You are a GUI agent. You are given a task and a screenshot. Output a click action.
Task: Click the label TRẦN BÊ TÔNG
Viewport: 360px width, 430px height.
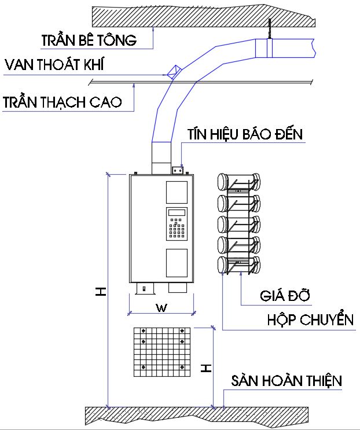(89, 41)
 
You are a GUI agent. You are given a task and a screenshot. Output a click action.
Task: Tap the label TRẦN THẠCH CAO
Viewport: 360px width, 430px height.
(62, 103)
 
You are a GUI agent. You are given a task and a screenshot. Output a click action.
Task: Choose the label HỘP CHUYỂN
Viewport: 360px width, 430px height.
(310, 319)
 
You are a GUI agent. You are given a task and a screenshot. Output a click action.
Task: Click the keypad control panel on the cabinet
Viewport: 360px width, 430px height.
(177, 223)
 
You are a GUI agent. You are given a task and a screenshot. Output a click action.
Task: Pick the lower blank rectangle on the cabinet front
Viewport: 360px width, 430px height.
(177, 262)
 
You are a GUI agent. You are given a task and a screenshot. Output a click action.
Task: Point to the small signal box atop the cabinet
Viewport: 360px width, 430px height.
(178, 170)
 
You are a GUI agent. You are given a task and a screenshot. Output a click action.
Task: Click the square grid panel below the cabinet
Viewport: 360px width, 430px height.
(162, 351)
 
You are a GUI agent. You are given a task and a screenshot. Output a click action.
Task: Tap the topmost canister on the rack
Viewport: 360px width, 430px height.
(238, 181)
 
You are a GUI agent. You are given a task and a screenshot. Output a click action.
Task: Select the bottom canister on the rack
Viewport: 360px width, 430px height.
(238, 266)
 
